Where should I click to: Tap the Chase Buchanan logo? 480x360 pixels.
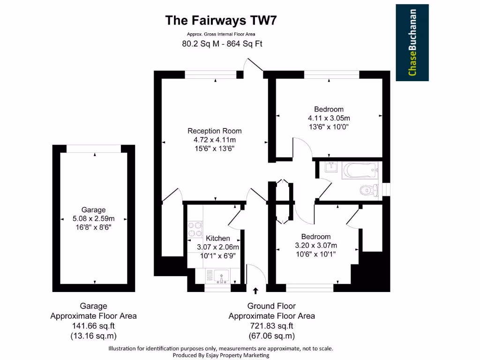click(x=412, y=43)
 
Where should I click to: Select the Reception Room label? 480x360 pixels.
click(x=215, y=131)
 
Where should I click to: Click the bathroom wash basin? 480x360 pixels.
click(x=331, y=167)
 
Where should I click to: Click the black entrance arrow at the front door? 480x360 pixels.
click(x=255, y=290)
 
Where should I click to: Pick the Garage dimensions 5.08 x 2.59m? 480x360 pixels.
click(x=93, y=218)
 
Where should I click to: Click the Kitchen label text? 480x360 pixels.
click(x=218, y=239)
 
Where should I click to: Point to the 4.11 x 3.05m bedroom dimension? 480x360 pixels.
click(x=329, y=118)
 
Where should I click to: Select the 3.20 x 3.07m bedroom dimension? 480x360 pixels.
click(x=315, y=245)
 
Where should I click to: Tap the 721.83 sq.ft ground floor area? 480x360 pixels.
click(x=271, y=326)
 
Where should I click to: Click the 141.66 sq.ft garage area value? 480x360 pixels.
click(x=93, y=326)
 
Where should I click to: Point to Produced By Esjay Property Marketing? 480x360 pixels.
click(x=221, y=355)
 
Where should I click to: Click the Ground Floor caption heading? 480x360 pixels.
click(x=271, y=306)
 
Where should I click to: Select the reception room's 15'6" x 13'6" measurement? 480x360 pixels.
click(x=214, y=148)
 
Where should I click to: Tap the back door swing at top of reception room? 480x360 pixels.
click(x=254, y=65)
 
